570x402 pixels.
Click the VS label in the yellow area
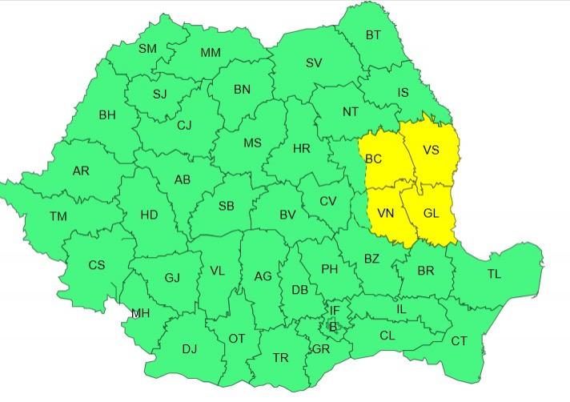point(431,151)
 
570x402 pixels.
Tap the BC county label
point(374,159)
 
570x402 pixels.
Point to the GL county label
point(431,214)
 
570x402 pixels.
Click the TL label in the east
point(494,275)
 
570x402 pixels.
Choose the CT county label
point(459,341)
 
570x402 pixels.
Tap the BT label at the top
point(373,34)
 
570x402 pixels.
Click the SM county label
point(147,49)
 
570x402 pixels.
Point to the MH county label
point(140,313)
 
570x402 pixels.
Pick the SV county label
point(314,63)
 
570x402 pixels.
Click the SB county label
point(226,206)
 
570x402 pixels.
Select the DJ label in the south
point(189,348)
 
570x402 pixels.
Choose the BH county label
point(107,115)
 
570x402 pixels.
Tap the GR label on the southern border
point(321,349)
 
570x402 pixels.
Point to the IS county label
point(403,93)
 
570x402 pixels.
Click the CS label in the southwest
point(96,265)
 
